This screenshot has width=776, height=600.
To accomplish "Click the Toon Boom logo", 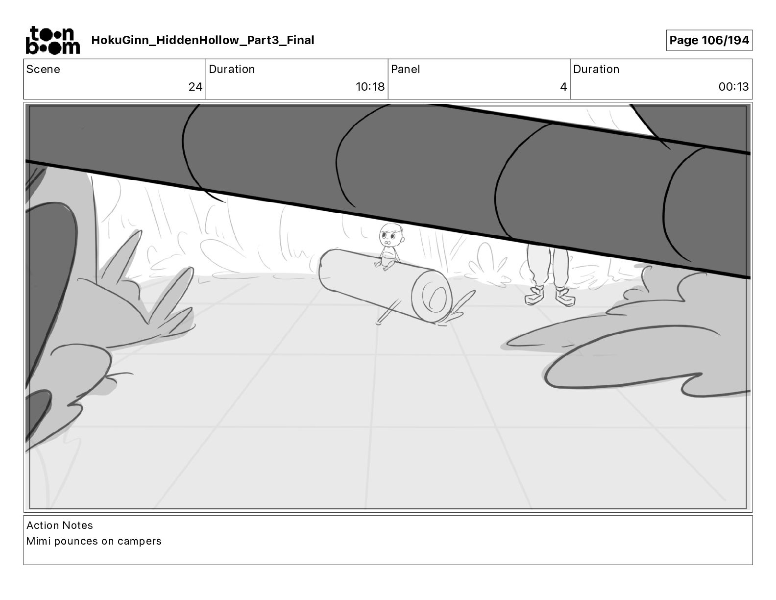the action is click(x=53, y=40).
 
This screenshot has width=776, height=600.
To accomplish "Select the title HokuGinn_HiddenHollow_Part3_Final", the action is click(x=202, y=40).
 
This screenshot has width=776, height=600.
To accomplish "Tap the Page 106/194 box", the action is click(x=709, y=40).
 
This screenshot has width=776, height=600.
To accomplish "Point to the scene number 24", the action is click(x=195, y=87).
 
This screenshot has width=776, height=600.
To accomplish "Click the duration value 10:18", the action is click(x=370, y=87).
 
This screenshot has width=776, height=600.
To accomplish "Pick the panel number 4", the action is click(x=563, y=87).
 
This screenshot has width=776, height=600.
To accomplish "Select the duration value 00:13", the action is click(x=733, y=87).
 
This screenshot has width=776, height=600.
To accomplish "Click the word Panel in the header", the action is click(x=405, y=69).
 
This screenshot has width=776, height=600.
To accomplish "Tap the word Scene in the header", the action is click(x=43, y=69).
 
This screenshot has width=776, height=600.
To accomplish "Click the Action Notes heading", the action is click(x=60, y=525).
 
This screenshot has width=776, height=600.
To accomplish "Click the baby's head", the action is click(x=392, y=235).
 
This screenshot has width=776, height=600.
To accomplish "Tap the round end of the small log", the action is click(x=432, y=297).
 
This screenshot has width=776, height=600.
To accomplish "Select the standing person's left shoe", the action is click(x=565, y=297).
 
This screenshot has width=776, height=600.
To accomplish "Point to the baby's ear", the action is click(x=403, y=240).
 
